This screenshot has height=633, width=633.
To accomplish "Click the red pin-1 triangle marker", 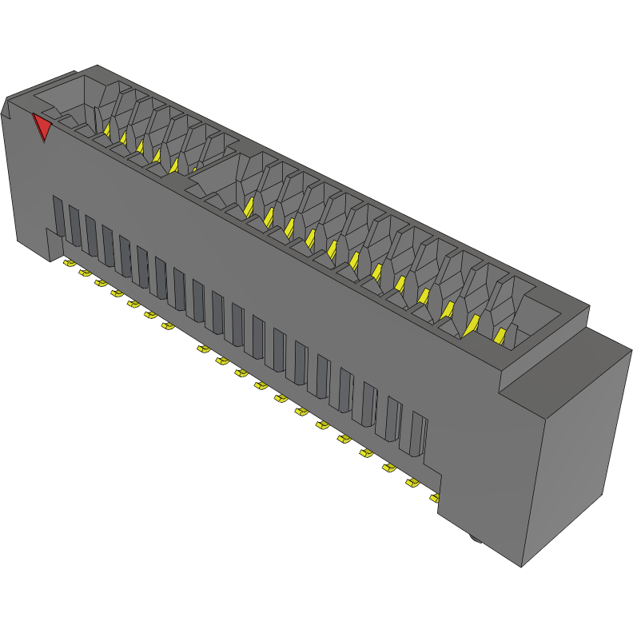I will click(x=42, y=127).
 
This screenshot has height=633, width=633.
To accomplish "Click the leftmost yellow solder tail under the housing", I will click(x=69, y=263).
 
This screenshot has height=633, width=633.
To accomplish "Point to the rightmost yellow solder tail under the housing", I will click(x=434, y=498).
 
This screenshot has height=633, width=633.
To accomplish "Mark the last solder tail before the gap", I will click(x=167, y=325).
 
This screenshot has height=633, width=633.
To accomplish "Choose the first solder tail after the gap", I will click(x=203, y=348).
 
